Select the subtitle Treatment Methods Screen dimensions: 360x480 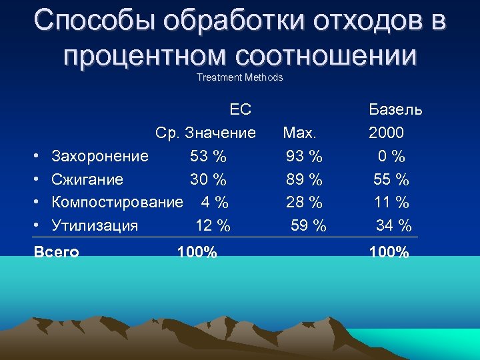pyautogui.click(x=240, y=77)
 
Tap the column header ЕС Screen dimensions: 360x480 pyautogui.click(x=241, y=109)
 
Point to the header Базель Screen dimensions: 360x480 pyautogui.click(x=395, y=109)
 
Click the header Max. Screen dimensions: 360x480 pyautogui.click(x=299, y=133)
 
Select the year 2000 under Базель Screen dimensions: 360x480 pyautogui.click(x=387, y=133)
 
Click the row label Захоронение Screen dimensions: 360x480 pyautogui.click(x=100, y=156)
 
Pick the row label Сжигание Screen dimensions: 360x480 pyautogui.click(x=87, y=179)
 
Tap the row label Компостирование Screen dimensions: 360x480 pyautogui.click(x=117, y=202)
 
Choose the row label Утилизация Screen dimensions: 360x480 pyautogui.click(x=95, y=225)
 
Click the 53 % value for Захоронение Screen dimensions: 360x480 pyautogui.click(x=208, y=156)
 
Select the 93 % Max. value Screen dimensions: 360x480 pyautogui.click(x=304, y=156)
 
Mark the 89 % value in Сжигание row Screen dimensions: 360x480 pyautogui.click(x=304, y=179)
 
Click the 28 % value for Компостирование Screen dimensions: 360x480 pyautogui.click(x=304, y=202)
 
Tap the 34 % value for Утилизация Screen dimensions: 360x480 pyautogui.click(x=393, y=225)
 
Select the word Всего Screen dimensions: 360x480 pyautogui.click(x=56, y=252)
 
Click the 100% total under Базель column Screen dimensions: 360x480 pyautogui.click(x=389, y=252)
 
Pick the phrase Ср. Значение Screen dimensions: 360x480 pyautogui.click(x=205, y=133)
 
